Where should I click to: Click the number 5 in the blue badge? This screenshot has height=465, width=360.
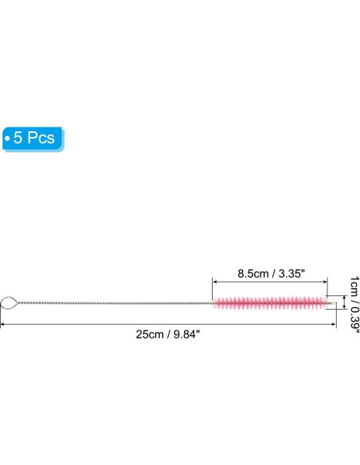18,138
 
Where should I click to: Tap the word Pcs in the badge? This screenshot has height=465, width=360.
41,138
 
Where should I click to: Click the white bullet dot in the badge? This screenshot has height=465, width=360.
7,139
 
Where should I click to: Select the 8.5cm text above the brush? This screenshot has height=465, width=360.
253,273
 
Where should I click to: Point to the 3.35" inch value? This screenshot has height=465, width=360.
292,273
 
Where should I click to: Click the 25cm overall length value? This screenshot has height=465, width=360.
150,334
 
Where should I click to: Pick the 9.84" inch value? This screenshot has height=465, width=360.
187,334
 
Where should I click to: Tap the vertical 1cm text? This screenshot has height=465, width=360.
354,286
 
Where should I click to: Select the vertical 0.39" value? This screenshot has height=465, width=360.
354,320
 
